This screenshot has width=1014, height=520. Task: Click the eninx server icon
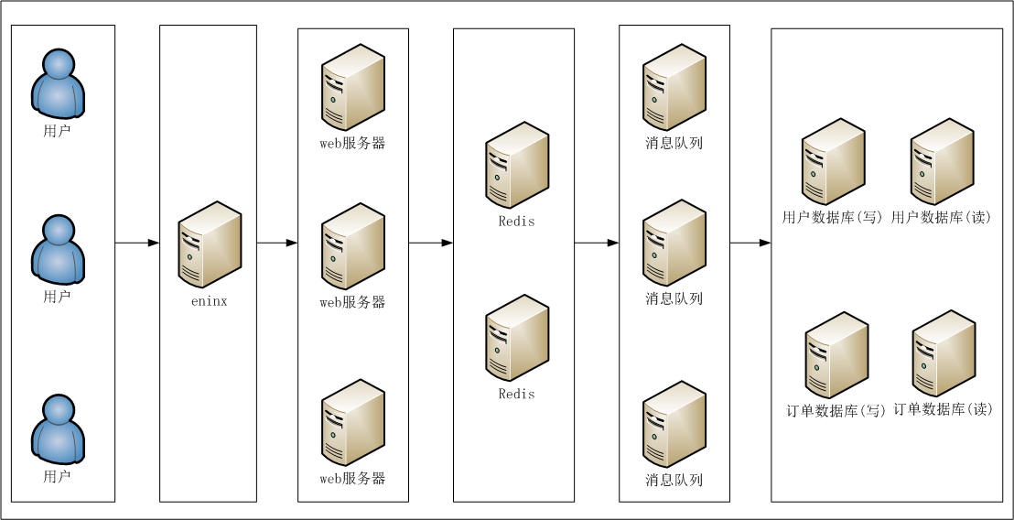(210, 244)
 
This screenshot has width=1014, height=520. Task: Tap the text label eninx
(210, 301)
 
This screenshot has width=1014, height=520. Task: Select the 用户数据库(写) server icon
(834, 162)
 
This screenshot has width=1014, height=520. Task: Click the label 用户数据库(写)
(832, 218)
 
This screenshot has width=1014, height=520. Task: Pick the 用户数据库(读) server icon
(943, 162)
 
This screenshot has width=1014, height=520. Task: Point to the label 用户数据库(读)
(942, 218)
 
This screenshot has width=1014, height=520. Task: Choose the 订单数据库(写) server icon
(836, 355)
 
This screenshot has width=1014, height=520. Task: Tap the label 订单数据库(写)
(835, 411)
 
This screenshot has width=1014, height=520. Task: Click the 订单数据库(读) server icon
(944, 353)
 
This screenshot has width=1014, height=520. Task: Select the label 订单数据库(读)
(943, 409)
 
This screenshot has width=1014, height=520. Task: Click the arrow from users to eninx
(137, 244)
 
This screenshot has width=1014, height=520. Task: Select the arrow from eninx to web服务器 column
(277, 244)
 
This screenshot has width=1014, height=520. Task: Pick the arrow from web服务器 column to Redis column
(431, 244)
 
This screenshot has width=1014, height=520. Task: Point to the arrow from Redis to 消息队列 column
(597, 244)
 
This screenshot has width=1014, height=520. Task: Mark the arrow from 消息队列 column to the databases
(750, 244)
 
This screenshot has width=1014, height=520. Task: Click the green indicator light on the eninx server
(189, 256)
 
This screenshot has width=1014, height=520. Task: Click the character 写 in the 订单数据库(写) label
(873, 411)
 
